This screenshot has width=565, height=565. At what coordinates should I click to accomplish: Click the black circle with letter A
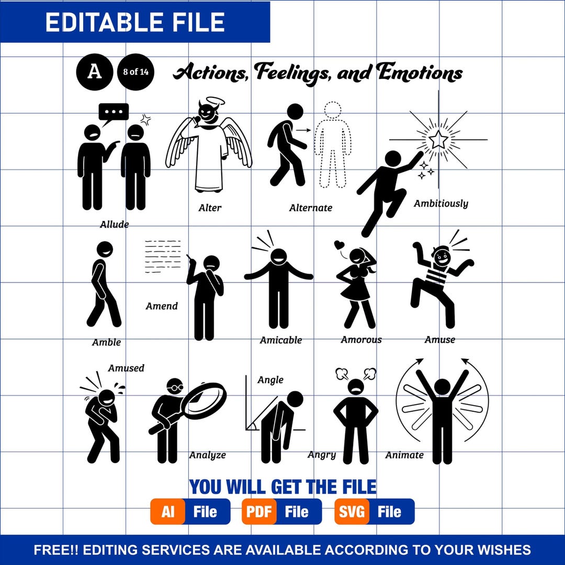tap(94, 72)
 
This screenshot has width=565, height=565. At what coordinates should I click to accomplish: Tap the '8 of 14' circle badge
tap(136, 72)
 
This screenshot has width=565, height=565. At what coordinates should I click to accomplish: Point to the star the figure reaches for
tap(438, 140)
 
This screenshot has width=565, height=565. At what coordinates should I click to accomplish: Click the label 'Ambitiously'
tap(440, 204)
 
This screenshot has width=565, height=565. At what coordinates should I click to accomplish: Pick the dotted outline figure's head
tap(333, 110)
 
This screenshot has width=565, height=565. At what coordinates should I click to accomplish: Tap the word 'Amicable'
tap(281, 340)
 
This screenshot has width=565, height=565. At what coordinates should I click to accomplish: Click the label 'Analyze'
tap(208, 455)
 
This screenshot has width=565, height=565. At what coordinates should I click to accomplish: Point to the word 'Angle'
tap(270, 380)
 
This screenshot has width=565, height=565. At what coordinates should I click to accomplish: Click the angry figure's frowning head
tap(356, 387)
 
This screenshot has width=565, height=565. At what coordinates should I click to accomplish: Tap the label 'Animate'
tap(404, 455)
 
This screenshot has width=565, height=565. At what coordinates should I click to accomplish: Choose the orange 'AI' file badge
tap(168, 512)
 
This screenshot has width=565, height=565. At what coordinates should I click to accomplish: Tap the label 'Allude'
tap(115, 224)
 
